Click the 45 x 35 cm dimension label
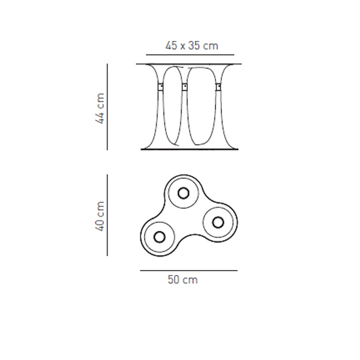coord(192,46)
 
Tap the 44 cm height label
coord(100,109)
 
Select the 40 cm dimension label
coord(100,216)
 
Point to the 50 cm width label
coord(183,280)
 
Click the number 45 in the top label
coord(171,46)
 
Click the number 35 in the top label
coord(194,46)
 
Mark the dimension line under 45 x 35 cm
coord(190,55)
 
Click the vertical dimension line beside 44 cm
coord(107,107)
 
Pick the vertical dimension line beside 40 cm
coord(107,215)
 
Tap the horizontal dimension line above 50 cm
coord(189,271)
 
